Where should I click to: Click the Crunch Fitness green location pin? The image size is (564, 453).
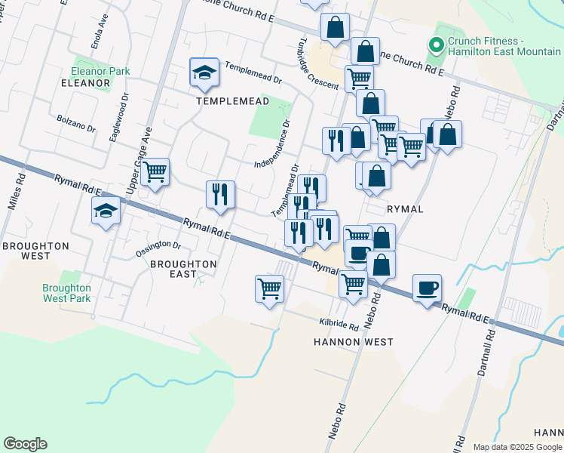click(x=436, y=45)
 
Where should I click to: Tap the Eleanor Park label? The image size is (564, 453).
click(x=100, y=71)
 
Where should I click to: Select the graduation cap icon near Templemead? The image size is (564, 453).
click(x=204, y=72)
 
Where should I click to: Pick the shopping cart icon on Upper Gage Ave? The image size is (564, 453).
click(x=155, y=172)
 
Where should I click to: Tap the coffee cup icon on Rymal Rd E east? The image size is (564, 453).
click(x=428, y=288)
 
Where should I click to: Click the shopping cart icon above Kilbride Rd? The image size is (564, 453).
click(x=270, y=288)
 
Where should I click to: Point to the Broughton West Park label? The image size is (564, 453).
click(x=66, y=293)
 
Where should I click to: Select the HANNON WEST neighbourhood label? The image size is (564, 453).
click(x=353, y=342)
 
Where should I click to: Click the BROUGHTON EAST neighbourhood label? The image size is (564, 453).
click(x=183, y=269)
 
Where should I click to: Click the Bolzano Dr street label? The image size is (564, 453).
click(x=76, y=123)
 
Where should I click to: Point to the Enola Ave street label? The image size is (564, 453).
click(x=98, y=31)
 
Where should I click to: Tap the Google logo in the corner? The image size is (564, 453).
click(x=25, y=444)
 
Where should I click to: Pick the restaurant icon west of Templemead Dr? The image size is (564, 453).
click(x=221, y=195)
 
